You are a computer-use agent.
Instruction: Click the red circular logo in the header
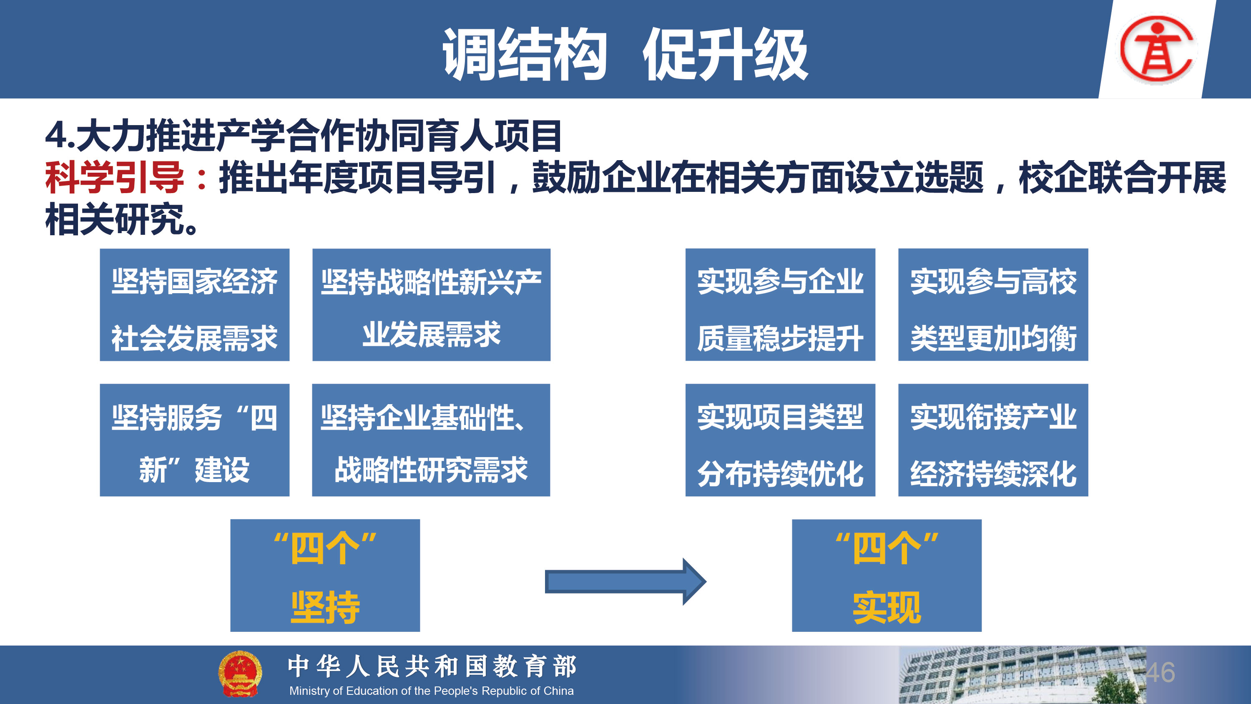coord(1157,48)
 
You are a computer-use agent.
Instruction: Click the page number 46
coord(1160,672)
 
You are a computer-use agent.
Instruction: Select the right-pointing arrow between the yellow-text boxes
coord(625,581)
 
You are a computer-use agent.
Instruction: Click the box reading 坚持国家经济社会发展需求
coord(195,304)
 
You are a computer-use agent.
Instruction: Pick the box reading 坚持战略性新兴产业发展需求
coord(431,304)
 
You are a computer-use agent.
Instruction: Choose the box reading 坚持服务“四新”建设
coord(195,440)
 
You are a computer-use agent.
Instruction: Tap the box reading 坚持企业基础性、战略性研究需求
coord(431,440)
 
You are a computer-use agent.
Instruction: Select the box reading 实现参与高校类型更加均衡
coord(993,304)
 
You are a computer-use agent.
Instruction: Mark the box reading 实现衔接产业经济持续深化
coord(993,440)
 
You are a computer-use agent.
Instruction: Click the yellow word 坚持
coord(325,607)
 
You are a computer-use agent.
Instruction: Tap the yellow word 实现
coord(887,607)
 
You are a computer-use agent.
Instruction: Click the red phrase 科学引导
coord(115,177)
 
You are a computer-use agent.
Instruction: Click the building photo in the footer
coord(1022,675)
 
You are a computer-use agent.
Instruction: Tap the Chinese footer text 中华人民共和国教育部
coord(432,666)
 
